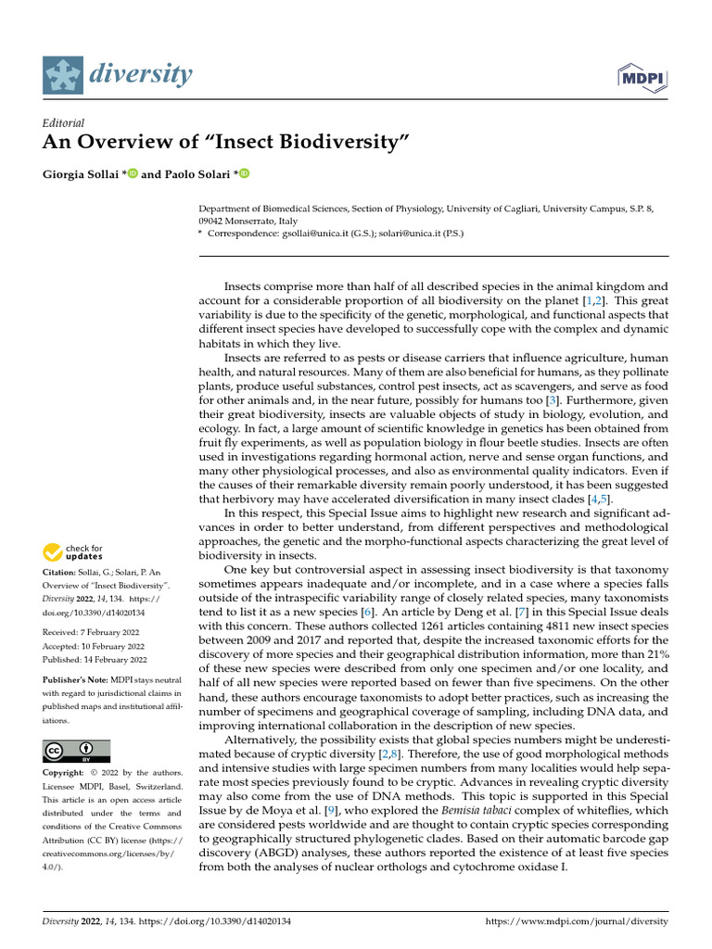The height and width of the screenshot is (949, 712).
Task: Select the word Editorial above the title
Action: coord(64,123)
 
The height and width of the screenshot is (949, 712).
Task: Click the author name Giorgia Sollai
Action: coord(82,174)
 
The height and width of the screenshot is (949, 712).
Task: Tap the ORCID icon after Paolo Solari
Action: coord(245,174)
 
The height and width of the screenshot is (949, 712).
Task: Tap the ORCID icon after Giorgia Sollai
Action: coord(133,174)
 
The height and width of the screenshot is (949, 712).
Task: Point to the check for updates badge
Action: coord(73,553)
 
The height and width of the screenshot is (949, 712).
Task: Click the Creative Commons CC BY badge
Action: coord(77,751)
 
